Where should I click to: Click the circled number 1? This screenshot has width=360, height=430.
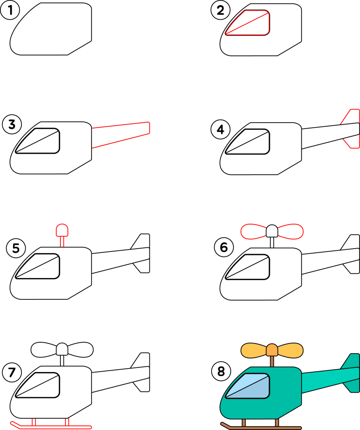click(10, 10)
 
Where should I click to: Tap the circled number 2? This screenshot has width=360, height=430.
click(220, 10)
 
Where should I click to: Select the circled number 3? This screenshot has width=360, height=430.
click(12, 124)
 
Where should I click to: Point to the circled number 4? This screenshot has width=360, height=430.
click(221, 129)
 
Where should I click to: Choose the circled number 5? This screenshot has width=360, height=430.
click(16, 248)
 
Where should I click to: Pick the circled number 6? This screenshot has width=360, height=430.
click(224, 247)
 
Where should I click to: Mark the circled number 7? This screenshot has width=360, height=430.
click(12, 372)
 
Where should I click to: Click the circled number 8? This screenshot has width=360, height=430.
click(221, 371)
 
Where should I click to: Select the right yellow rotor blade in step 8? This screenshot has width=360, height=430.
click(290, 351)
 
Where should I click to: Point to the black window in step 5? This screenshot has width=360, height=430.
click(37, 266)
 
